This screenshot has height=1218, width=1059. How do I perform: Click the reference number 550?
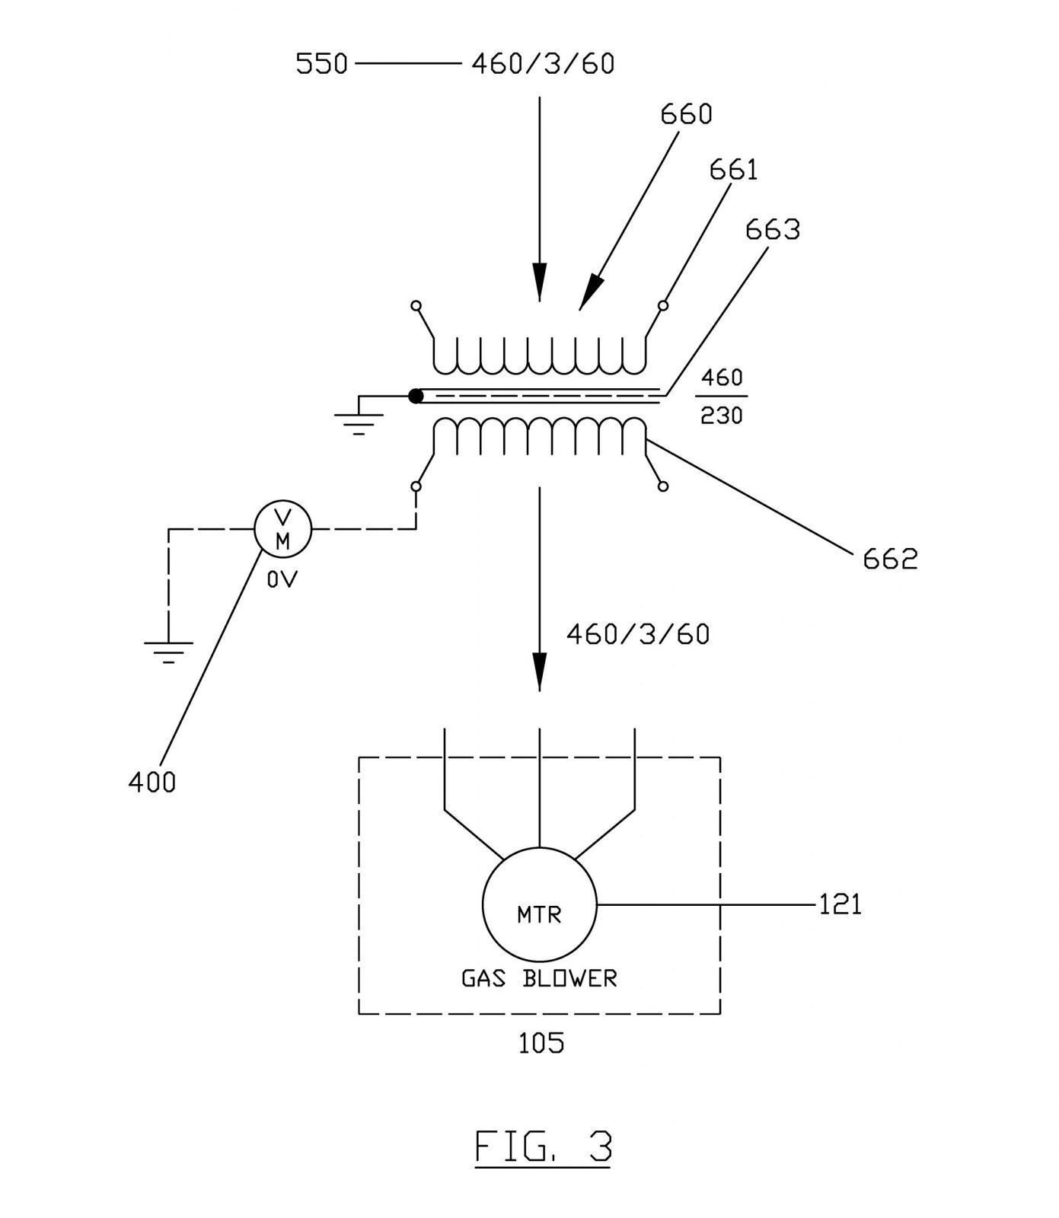pos(321,64)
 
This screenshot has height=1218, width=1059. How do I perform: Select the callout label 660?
pos(686,114)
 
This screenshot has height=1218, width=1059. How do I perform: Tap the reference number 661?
pos(733,170)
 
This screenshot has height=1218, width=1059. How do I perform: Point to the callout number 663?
pos(772,229)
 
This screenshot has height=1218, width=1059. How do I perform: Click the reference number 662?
pos(890,560)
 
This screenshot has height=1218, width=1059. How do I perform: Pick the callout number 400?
pos(152,782)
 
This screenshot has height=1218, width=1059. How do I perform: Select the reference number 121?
pos(840,904)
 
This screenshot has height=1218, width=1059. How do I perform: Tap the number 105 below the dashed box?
pos(541,1042)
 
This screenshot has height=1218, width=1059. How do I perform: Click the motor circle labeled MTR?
pos(539,904)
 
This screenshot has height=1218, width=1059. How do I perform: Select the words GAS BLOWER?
pos(539,978)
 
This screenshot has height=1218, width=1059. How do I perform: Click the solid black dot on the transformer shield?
pos(416,396)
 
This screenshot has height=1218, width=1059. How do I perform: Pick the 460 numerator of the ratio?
pos(722,378)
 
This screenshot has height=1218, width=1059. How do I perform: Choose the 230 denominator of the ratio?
pos(722,416)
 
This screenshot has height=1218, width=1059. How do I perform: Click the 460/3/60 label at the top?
pos(543,64)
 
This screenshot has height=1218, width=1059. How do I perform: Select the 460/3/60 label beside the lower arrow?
pos(638,634)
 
